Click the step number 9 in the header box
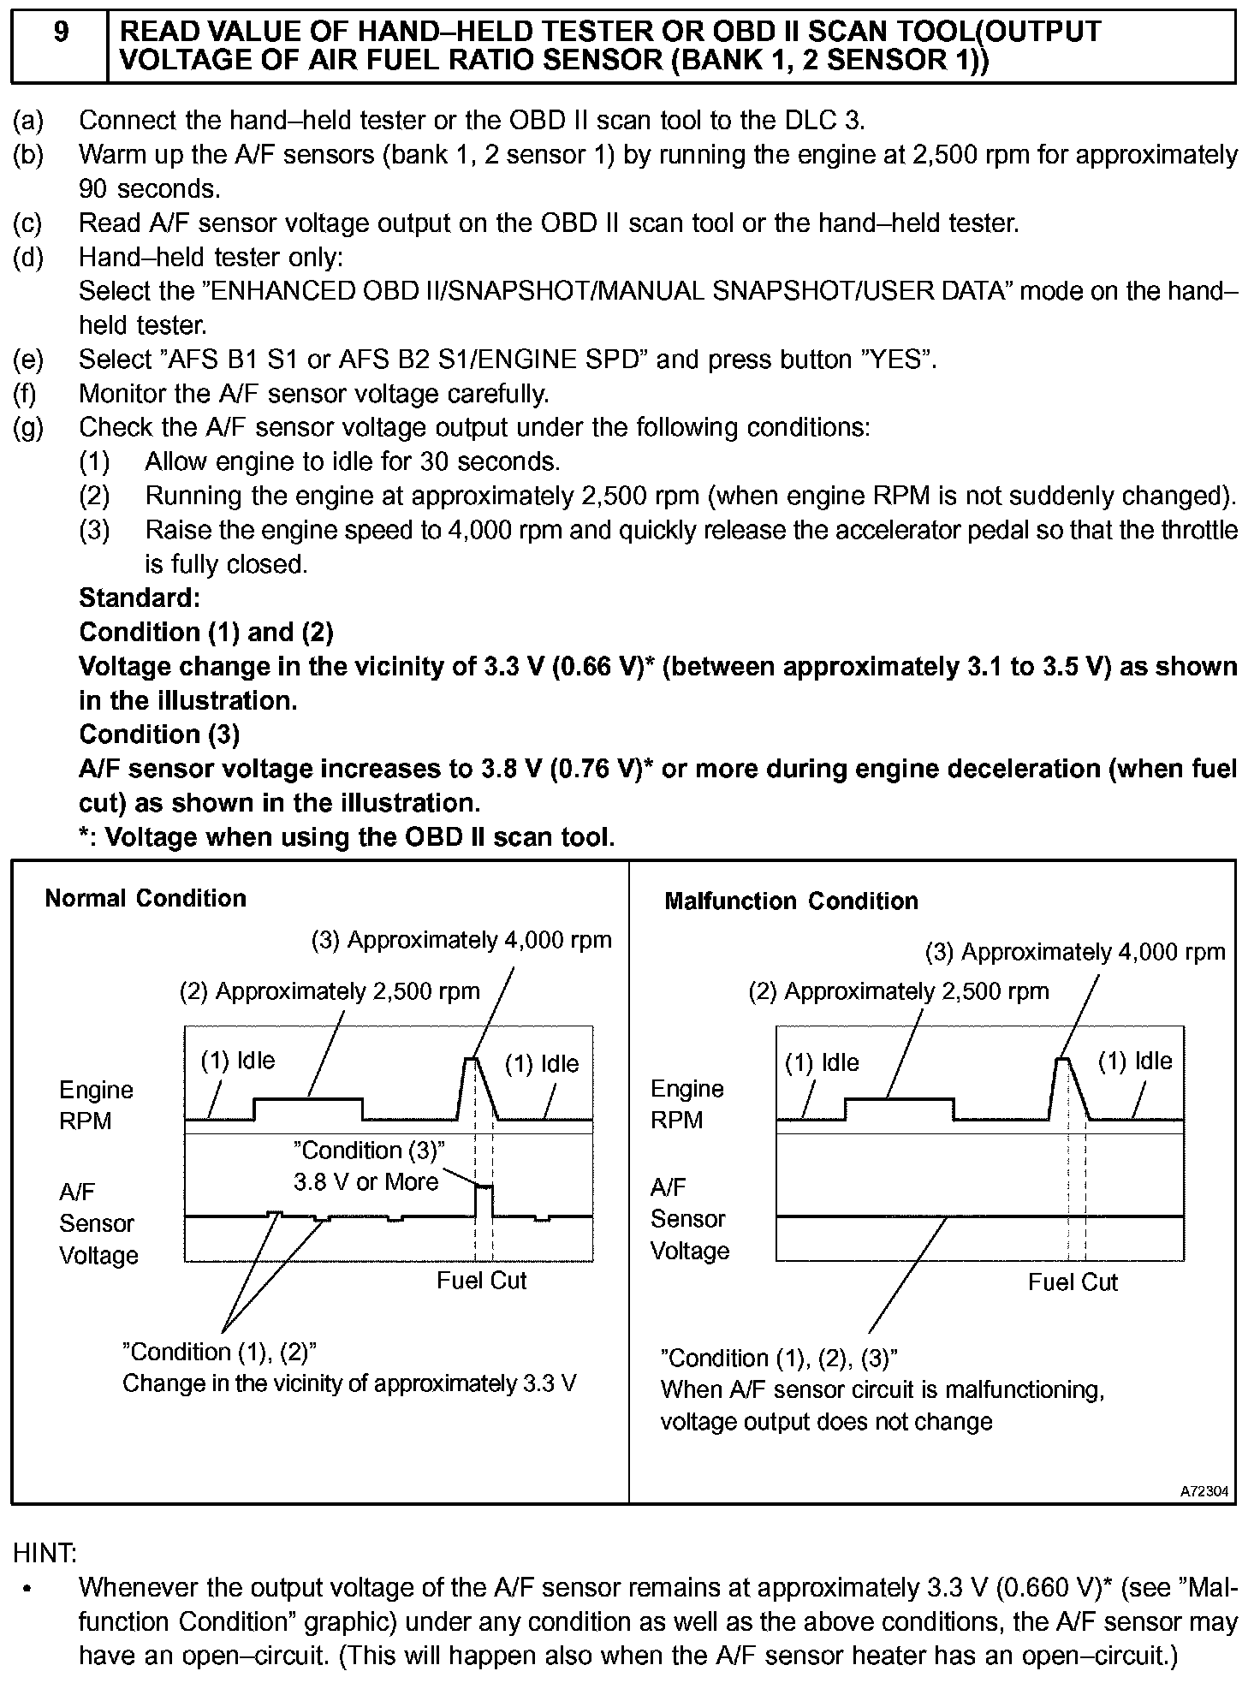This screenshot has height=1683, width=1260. click(x=60, y=33)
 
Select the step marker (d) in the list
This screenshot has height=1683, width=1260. click(x=28, y=258)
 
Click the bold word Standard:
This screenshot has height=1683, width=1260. click(x=140, y=598)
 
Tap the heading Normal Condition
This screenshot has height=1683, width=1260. click(x=146, y=898)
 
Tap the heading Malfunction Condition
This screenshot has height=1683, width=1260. click(x=791, y=901)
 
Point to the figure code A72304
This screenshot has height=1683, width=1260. click(x=1204, y=1491)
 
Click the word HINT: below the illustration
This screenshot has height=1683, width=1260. click(x=45, y=1552)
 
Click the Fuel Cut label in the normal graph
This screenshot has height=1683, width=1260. click(x=481, y=1281)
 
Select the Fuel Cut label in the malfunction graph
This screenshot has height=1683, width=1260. click(x=1073, y=1282)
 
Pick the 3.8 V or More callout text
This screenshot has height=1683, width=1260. click(x=366, y=1182)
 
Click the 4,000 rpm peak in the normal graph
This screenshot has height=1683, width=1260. click(x=470, y=1060)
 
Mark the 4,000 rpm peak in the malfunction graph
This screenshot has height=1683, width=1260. click(x=1062, y=1060)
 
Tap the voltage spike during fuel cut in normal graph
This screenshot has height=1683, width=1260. click(x=484, y=1188)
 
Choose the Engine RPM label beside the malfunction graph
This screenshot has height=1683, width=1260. click(x=686, y=1104)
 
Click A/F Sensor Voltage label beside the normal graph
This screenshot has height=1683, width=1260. click(x=98, y=1223)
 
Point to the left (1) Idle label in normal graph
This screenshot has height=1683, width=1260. click(x=238, y=1061)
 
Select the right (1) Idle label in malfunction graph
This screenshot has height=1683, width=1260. click(x=1135, y=1062)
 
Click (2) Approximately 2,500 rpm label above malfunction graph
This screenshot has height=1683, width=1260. click(x=899, y=991)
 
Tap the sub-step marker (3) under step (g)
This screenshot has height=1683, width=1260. click(x=94, y=530)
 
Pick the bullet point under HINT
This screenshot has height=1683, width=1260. click(x=29, y=1589)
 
